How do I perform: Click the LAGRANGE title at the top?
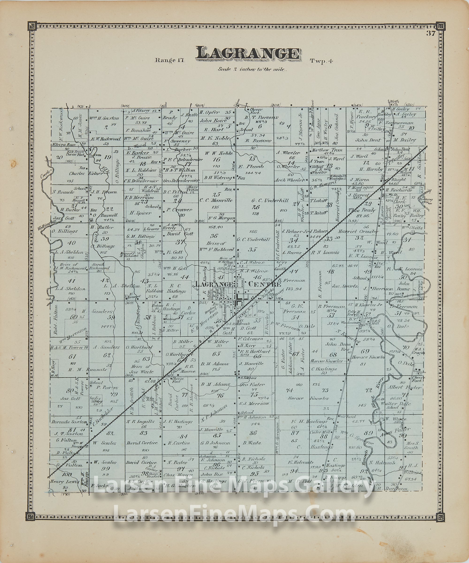(248, 54)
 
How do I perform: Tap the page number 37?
(431, 34)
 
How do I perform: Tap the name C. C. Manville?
(216, 200)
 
